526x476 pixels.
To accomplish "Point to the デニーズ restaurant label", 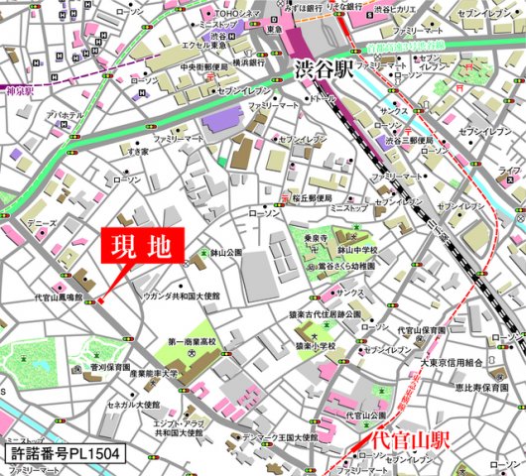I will (x=43, y=225).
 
